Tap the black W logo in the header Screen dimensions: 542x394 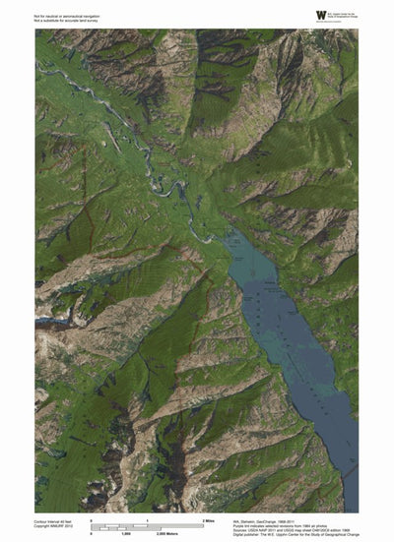pyautogui.click(x=320, y=15)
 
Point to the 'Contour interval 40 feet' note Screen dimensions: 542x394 pyautogui.click(x=56, y=520)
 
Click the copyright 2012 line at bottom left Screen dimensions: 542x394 pyautogui.click(x=54, y=526)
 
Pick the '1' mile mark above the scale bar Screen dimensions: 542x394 pyautogui.click(x=147, y=518)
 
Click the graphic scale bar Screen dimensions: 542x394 pyautogui.click(x=148, y=525)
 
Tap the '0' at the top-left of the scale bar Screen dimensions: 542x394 pyautogui.click(x=92, y=518)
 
